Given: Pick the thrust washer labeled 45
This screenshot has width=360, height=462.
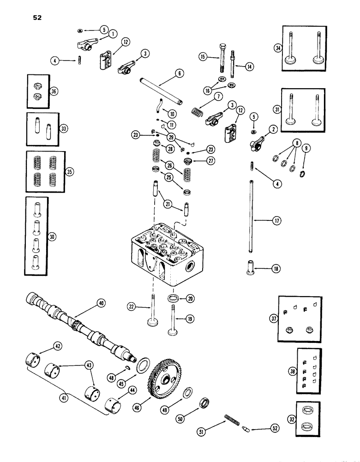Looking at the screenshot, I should pyautogui.click(x=142, y=365).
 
